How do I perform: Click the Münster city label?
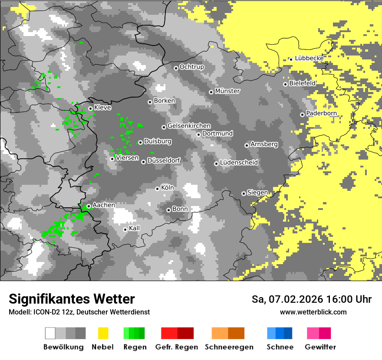[227, 91]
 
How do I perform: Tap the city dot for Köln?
[158, 189]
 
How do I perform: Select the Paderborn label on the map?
[321, 114]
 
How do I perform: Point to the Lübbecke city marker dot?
[291, 59]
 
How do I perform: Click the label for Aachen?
[104, 205]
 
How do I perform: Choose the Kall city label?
[135, 228]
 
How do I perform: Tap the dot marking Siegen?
[244, 193]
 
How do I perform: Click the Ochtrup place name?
[191, 67]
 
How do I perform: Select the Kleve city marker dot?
[90, 109]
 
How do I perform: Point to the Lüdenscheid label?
[239, 163]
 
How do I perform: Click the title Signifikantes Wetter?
[72, 299]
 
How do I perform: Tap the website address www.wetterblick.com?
[313, 312]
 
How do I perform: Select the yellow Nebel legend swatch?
[103, 333]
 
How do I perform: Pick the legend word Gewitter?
[320, 347]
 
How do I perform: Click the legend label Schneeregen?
[229, 347]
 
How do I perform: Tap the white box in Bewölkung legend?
[50, 333]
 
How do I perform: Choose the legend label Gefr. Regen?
[176, 347]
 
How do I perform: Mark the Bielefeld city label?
[302, 83]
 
